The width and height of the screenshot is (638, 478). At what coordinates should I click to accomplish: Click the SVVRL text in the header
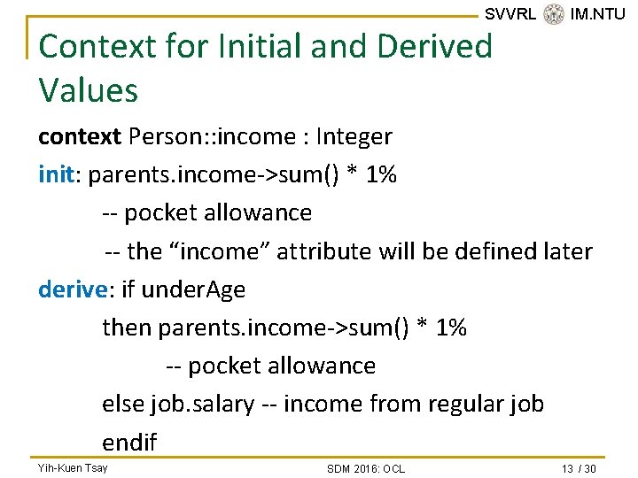click(510, 14)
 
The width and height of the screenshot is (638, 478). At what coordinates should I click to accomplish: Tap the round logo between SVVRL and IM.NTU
click(554, 14)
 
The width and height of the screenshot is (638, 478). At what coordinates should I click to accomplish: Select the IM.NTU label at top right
click(598, 14)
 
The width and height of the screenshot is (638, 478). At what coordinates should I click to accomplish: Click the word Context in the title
click(93, 46)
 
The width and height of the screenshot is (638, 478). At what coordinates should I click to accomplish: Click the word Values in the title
click(89, 90)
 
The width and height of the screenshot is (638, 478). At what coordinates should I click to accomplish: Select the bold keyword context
click(80, 137)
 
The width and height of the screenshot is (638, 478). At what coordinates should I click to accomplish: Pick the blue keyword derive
click(71, 289)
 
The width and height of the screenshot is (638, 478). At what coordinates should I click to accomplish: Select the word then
click(128, 328)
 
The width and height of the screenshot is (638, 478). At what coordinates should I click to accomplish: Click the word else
click(123, 405)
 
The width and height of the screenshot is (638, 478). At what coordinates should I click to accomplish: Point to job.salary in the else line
click(202, 405)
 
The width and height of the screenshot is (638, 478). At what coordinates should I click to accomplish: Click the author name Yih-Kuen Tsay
click(73, 467)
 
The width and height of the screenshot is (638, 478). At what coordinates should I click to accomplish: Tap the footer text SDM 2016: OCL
click(365, 468)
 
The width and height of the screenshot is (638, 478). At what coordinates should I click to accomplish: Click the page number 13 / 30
click(579, 468)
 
